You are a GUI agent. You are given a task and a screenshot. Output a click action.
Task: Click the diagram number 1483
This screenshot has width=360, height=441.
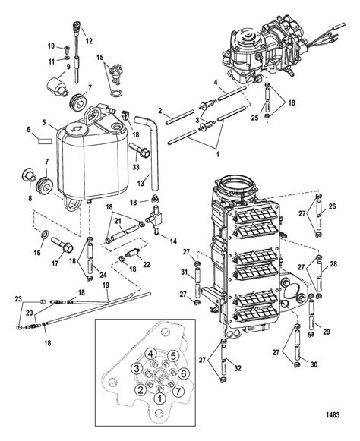tap(333, 414)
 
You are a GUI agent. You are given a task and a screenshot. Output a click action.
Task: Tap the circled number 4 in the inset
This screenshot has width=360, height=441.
tap(151, 354)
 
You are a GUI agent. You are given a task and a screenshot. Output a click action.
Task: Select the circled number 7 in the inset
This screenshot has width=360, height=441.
tap(178, 391)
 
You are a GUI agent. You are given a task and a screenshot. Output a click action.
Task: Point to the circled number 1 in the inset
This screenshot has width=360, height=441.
tap(160, 398)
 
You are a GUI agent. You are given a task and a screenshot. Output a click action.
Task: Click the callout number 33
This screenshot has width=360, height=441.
tap(136, 167)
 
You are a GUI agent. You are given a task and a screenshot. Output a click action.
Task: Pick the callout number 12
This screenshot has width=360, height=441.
tap(89, 41)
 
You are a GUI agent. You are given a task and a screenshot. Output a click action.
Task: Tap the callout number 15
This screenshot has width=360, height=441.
tap(100, 58)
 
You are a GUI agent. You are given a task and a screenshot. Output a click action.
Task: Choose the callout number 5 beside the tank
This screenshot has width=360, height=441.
tap(44, 123)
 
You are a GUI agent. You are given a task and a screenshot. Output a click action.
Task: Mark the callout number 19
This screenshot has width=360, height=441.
tap(106, 285)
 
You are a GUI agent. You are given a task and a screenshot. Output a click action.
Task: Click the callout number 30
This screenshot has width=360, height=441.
tap(314, 364)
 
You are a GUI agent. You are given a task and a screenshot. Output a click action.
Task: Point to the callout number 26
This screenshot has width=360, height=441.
tap(332, 206)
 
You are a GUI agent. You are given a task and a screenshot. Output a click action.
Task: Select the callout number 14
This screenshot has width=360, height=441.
tap(174, 241)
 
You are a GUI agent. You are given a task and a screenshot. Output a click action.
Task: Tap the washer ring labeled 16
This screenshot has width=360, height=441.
tap(46, 234)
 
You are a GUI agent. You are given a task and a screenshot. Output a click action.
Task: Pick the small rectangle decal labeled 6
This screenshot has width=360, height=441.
tap(45, 141)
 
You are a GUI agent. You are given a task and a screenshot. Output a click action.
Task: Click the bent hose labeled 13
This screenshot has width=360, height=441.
tap(149, 152)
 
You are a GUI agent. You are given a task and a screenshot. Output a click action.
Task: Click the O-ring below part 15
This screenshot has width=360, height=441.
tap(116, 93)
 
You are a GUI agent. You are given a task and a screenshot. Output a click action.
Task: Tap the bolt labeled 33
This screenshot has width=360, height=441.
tap(140, 151)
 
